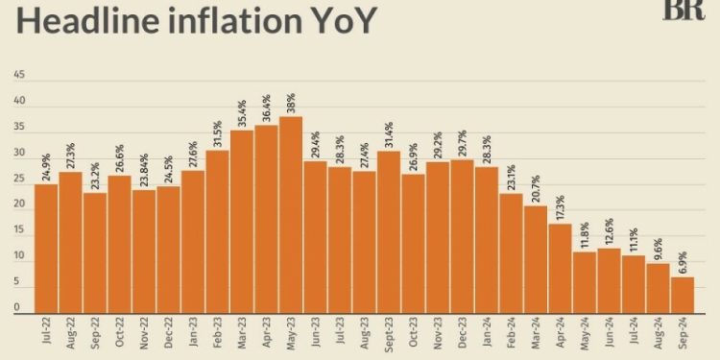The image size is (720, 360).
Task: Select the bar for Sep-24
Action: (683, 296)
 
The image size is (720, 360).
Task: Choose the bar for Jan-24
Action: (487, 241)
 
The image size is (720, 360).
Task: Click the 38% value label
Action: (290, 101)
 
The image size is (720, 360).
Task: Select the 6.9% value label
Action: (683, 262)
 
